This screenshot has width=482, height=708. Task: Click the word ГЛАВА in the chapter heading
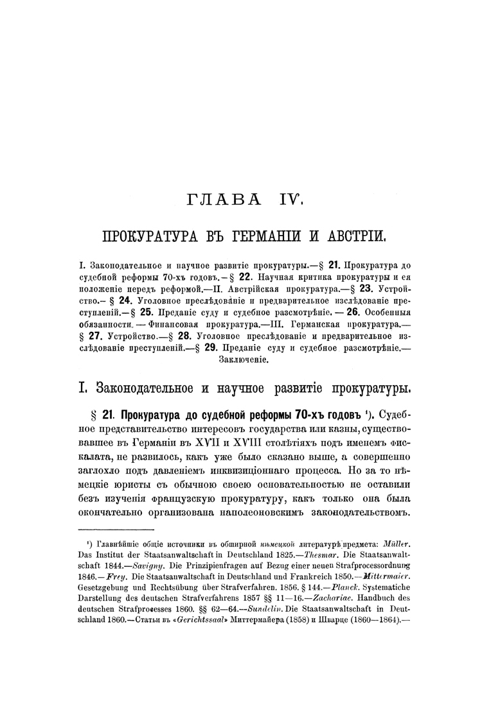coord(220,200)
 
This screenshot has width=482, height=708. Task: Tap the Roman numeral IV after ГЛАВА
coord(287,200)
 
